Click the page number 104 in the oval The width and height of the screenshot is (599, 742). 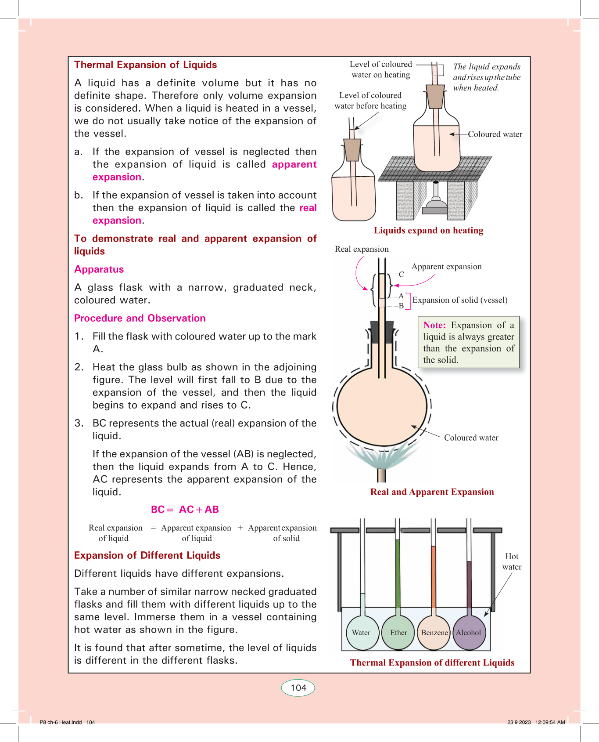point(298,688)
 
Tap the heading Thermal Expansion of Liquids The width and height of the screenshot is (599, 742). point(146,65)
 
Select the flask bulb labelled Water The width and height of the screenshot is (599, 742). point(362,633)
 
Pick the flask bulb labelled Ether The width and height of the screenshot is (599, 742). point(398,633)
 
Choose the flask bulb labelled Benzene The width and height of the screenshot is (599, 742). point(434,633)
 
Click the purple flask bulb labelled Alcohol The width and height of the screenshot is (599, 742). point(469,633)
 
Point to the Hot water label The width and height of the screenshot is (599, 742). point(512,561)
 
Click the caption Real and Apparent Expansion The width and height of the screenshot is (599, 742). point(432,492)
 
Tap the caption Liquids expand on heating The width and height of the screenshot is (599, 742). point(428,231)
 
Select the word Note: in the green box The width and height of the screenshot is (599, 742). point(434,325)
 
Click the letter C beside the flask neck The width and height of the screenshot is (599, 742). point(401,275)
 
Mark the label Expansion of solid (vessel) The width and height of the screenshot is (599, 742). point(460,300)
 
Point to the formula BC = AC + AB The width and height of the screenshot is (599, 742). point(185,510)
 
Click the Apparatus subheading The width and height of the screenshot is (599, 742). point(99,269)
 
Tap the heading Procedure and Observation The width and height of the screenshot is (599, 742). point(140,318)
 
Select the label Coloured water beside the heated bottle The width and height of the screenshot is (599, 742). point(495,134)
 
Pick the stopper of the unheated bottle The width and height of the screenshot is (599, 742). point(352,149)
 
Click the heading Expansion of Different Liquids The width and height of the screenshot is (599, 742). point(147,555)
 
